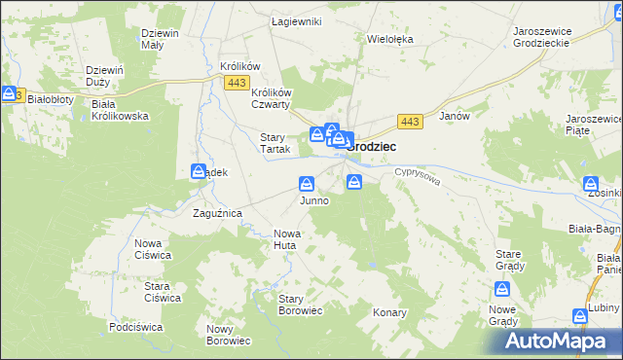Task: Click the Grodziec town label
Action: click(378, 144)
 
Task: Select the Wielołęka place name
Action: click(390, 40)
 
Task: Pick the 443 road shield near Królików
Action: click(236, 84)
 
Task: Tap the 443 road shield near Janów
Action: click(410, 121)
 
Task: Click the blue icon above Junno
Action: click(307, 183)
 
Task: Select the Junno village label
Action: click(313, 200)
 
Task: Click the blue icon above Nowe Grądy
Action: click(502, 289)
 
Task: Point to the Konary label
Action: click(389, 313)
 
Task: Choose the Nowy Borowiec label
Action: click(229, 335)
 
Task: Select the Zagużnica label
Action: click(217, 212)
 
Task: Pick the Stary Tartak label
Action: click(272, 143)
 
